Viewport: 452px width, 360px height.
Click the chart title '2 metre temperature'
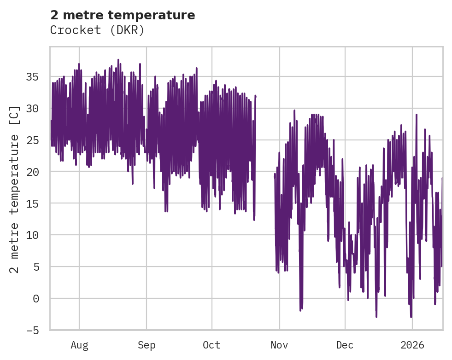click(123, 15)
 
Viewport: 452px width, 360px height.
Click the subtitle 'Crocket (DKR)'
click(97, 30)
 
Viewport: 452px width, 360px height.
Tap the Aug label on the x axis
click(79, 345)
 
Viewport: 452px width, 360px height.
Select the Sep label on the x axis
click(147, 345)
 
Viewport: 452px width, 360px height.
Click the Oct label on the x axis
click(212, 345)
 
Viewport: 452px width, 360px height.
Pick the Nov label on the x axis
click(279, 345)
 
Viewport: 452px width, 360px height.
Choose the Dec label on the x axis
click(345, 345)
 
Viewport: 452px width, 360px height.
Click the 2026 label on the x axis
click(412, 345)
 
